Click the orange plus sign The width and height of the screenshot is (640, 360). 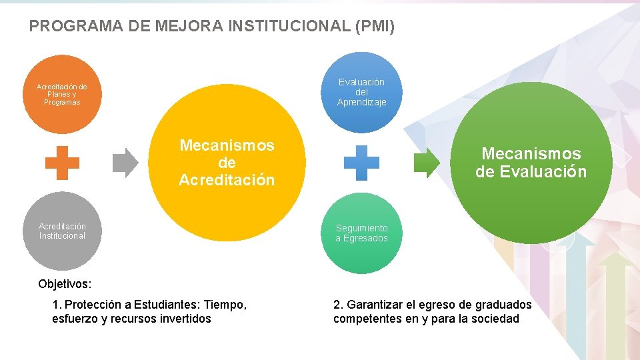point(62,163)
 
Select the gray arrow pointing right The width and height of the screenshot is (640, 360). point(125,163)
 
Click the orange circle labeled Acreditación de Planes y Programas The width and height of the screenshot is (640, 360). point(62,94)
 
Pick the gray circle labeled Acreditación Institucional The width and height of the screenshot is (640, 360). point(62,231)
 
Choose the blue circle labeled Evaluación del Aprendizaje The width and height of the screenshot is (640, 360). point(361,92)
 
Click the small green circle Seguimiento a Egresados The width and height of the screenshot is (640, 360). point(361,233)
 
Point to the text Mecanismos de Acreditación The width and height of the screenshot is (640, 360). point(227,163)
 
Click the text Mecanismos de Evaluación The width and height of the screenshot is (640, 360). point(531,163)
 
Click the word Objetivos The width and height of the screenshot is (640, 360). point(65,283)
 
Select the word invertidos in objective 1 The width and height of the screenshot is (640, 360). point(186,319)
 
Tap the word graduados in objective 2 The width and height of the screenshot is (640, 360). point(505,305)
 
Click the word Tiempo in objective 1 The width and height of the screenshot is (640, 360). point(225,305)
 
